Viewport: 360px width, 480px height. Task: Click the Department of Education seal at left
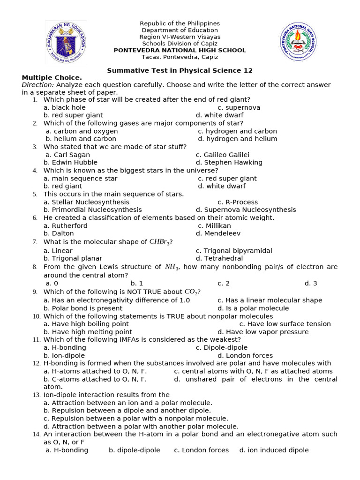(66, 42)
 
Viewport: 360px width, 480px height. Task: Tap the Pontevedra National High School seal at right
(298, 42)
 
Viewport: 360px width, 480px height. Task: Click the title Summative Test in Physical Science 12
(180, 70)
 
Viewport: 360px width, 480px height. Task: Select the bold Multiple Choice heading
(52, 77)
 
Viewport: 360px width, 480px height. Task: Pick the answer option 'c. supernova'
(239, 107)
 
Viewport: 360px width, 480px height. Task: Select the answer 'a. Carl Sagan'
(67, 155)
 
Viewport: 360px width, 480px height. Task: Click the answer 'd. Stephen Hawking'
(229, 162)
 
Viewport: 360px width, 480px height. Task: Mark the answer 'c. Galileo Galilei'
(222, 155)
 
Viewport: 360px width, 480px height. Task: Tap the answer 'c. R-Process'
(238, 202)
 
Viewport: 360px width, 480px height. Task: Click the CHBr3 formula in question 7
(159, 242)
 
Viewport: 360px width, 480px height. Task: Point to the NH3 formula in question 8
(172, 267)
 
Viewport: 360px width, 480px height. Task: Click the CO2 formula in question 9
(189, 292)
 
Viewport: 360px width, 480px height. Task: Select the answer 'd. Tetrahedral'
(219, 258)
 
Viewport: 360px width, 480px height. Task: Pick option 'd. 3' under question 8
(311, 283)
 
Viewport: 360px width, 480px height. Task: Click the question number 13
(37, 395)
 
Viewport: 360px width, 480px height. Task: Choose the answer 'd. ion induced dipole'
(274, 450)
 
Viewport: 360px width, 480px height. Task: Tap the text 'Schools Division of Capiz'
(180, 44)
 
